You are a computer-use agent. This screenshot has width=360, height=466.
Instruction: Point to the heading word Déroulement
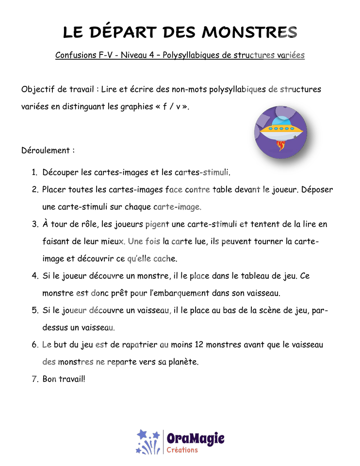46,150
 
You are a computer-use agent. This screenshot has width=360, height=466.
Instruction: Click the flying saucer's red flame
281,145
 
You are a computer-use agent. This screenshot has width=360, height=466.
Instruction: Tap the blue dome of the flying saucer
281,121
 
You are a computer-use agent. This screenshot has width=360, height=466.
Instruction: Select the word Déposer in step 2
317,190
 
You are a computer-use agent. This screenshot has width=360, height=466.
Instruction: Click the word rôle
88,224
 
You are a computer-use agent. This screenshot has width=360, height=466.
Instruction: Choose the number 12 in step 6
199,345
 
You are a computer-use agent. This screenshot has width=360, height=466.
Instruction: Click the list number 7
35,379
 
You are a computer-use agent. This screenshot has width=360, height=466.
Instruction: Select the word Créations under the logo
182,450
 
